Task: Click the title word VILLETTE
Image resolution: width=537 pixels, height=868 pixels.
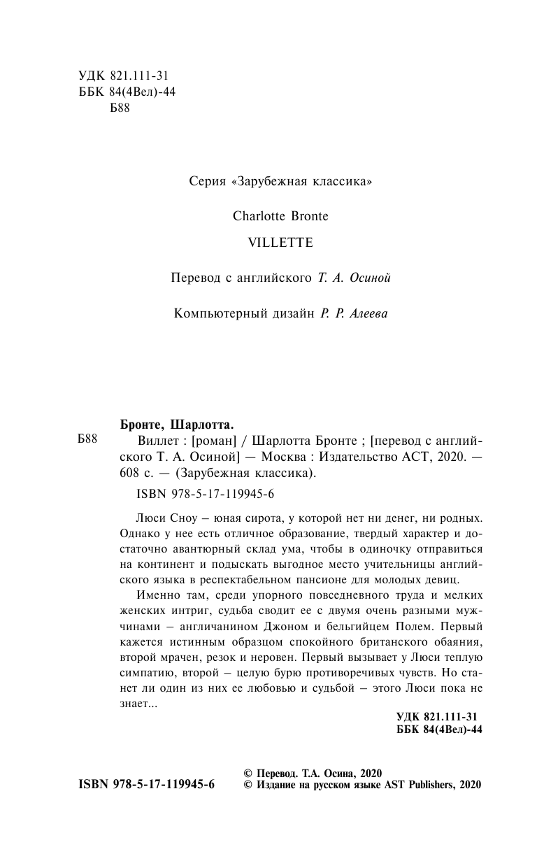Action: (x=268, y=242)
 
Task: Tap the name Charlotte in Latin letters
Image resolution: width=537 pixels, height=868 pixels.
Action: (x=259, y=216)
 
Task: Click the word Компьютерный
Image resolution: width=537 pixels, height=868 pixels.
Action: (x=220, y=314)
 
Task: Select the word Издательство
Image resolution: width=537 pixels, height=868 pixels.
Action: (x=353, y=458)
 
